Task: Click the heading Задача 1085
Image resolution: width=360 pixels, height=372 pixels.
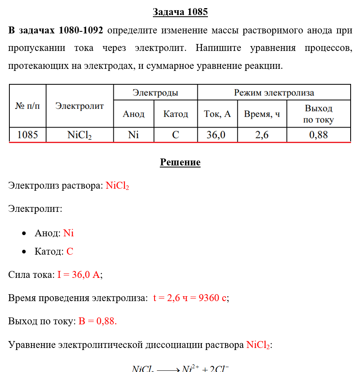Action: click(180, 12)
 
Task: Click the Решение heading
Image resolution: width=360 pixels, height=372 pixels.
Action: click(180, 163)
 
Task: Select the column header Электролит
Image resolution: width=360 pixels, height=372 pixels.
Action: click(80, 106)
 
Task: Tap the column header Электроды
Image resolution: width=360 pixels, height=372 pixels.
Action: click(155, 92)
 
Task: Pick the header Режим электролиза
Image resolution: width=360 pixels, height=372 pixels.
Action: click(274, 92)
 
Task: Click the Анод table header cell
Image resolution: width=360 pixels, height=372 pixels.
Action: click(134, 114)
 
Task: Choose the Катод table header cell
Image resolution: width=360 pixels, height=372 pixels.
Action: click(176, 114)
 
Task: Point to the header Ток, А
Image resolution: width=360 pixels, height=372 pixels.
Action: click(217, 114)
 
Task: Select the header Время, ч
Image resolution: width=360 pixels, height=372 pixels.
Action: click(262, 114)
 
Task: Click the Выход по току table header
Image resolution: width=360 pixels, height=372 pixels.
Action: click(318, 114)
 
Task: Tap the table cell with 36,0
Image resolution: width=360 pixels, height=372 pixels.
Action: click(216, 135)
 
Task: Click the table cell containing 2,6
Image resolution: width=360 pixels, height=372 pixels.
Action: click(262, 135)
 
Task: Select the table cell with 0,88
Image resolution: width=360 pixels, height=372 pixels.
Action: click(318, 135)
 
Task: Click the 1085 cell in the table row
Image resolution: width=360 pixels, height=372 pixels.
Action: click(28, 135)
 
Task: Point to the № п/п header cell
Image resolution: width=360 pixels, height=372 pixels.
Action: click(28, 106)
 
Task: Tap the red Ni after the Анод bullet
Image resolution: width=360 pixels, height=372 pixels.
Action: click(68, 233)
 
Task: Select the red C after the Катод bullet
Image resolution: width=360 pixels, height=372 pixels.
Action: click(70, 251)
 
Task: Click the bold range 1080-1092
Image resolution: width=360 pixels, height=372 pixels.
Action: click(81, 31)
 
